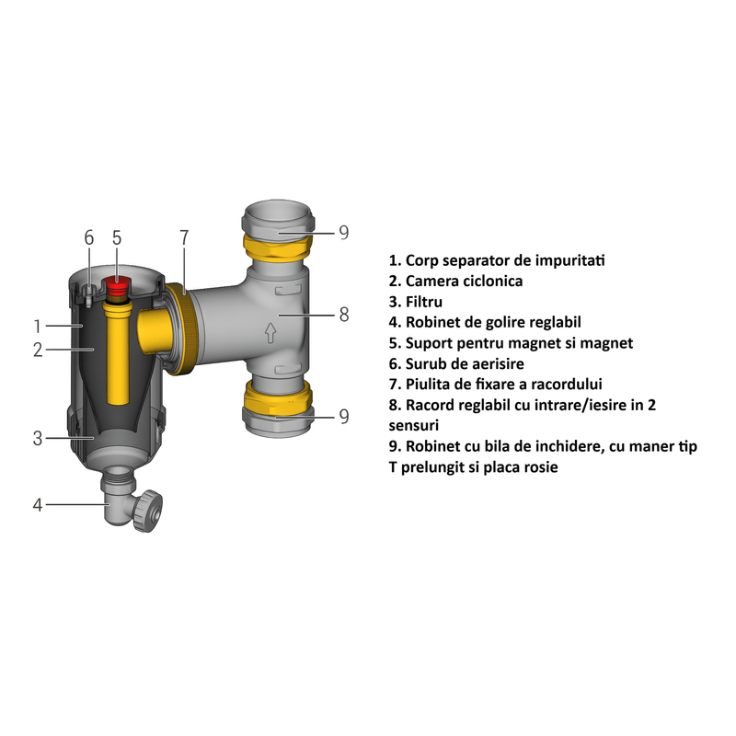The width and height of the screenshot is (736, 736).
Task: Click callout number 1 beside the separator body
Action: click(38, 326)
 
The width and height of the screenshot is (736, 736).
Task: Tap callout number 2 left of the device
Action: click(38, 350)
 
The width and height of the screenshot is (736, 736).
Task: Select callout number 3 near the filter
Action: click(38, 439)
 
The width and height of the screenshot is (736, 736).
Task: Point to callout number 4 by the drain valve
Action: click(38, 504)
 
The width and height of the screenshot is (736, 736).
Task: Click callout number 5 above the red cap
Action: click(117, 237)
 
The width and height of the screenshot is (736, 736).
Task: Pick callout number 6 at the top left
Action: click(88, 237)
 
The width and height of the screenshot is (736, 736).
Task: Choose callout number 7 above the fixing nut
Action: click(183, 237)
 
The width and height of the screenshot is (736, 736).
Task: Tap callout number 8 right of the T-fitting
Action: click(344, 315)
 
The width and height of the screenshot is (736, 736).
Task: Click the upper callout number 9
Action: click(343, 232)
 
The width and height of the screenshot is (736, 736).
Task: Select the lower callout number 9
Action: click(343, 416)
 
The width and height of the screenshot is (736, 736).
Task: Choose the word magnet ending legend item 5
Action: click(608, 343)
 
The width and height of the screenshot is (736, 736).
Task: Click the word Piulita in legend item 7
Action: click(429, 385)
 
